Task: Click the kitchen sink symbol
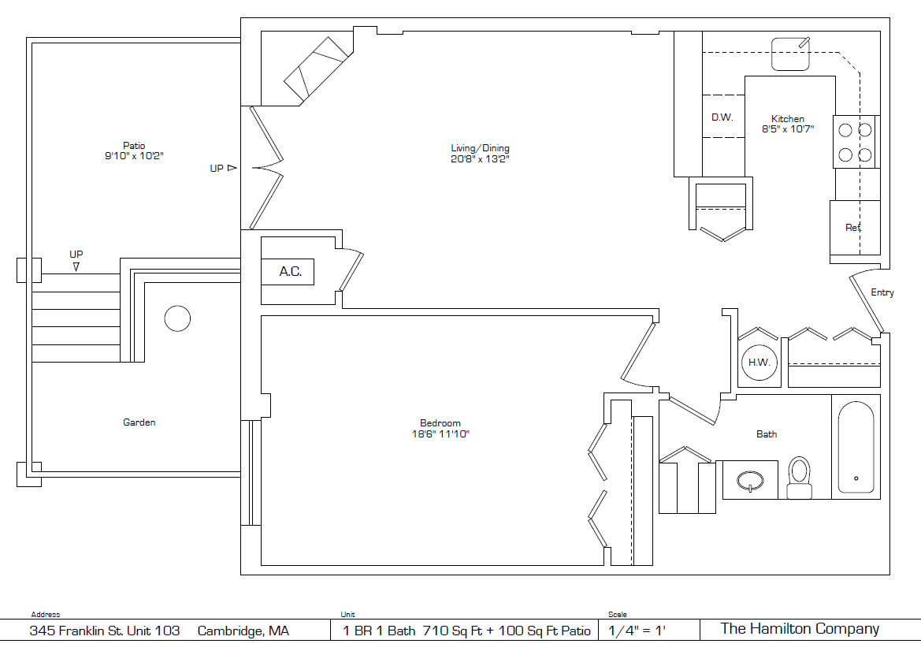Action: (x=790, y=54)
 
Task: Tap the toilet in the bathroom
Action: (x=799, y=478)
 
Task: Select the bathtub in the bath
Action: (x=856, y=448)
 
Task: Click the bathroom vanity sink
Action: (x=750, y=480)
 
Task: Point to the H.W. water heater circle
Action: (x=759, y=362)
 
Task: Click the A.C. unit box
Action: (x=288, y=272)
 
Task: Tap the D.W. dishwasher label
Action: (x=722, y=117)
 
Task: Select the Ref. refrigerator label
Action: (x=853, y=228)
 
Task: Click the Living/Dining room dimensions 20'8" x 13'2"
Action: (x=480, y=159)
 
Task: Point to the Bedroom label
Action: (x=440, y=422)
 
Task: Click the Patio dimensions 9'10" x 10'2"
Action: (x=134, y=156)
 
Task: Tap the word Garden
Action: (x=139, y=422)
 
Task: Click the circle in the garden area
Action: (x=177, y=318)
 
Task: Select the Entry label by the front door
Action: (x=882, y=292)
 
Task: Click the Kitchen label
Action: (x=788, y=119)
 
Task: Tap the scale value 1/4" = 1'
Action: (x=637, y=631)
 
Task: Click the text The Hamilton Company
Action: (x=800, y=629)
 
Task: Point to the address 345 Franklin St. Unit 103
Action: (x=105, y=631)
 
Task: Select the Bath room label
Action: (x=767, y=433)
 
